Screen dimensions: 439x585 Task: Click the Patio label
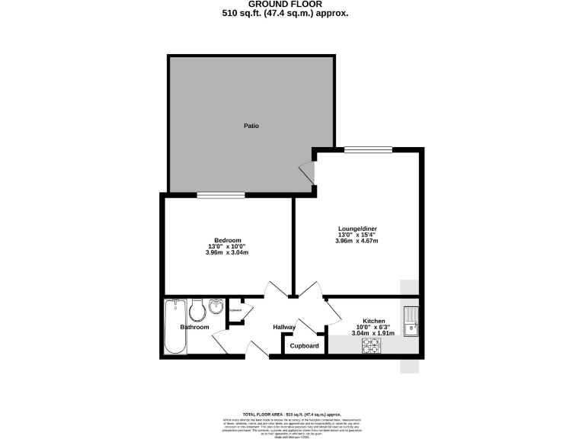[251, 126]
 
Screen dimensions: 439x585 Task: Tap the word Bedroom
[228, 241]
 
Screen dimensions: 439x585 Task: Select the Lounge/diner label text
[357, 229]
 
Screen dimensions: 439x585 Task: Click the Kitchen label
[373, 322]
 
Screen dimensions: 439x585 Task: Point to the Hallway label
[284, 328]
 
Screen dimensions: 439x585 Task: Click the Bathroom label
[194, 328]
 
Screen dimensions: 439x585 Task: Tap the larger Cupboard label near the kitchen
[304, 346]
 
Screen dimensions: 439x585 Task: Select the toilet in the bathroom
[197, 310]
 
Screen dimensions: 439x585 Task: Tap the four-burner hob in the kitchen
[370, 346]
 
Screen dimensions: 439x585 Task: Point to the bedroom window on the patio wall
[221, 195]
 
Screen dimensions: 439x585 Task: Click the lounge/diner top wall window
[358, 149]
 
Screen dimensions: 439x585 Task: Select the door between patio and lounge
[308, 174]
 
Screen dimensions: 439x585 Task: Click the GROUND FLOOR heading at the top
[292, 5]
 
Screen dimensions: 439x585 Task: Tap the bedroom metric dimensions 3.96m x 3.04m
[227, 253]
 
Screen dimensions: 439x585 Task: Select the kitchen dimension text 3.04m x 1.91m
[373, 333]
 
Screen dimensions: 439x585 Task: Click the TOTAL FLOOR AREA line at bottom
[292, 412]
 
